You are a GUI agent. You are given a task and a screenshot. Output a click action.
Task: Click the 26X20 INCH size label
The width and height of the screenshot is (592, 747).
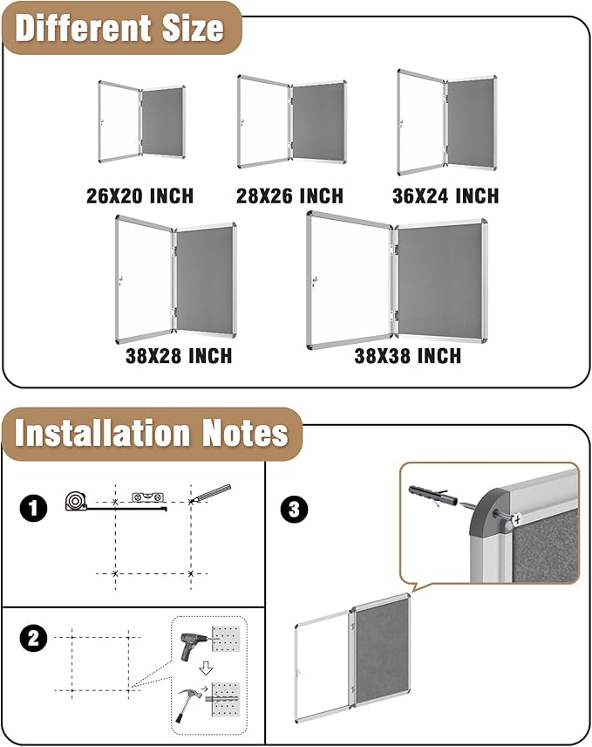(139, 195)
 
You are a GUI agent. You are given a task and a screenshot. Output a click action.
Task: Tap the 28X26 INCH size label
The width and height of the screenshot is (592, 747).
(289, 195)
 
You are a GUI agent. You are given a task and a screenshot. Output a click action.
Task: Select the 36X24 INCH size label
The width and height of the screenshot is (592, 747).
(445, 195)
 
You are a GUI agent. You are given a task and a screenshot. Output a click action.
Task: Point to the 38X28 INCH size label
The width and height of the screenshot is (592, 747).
(178, 355)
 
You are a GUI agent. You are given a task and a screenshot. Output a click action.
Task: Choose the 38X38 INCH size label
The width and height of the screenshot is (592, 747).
(407, 356)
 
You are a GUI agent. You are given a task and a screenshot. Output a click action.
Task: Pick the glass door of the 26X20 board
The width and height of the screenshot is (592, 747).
(119, 121)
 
